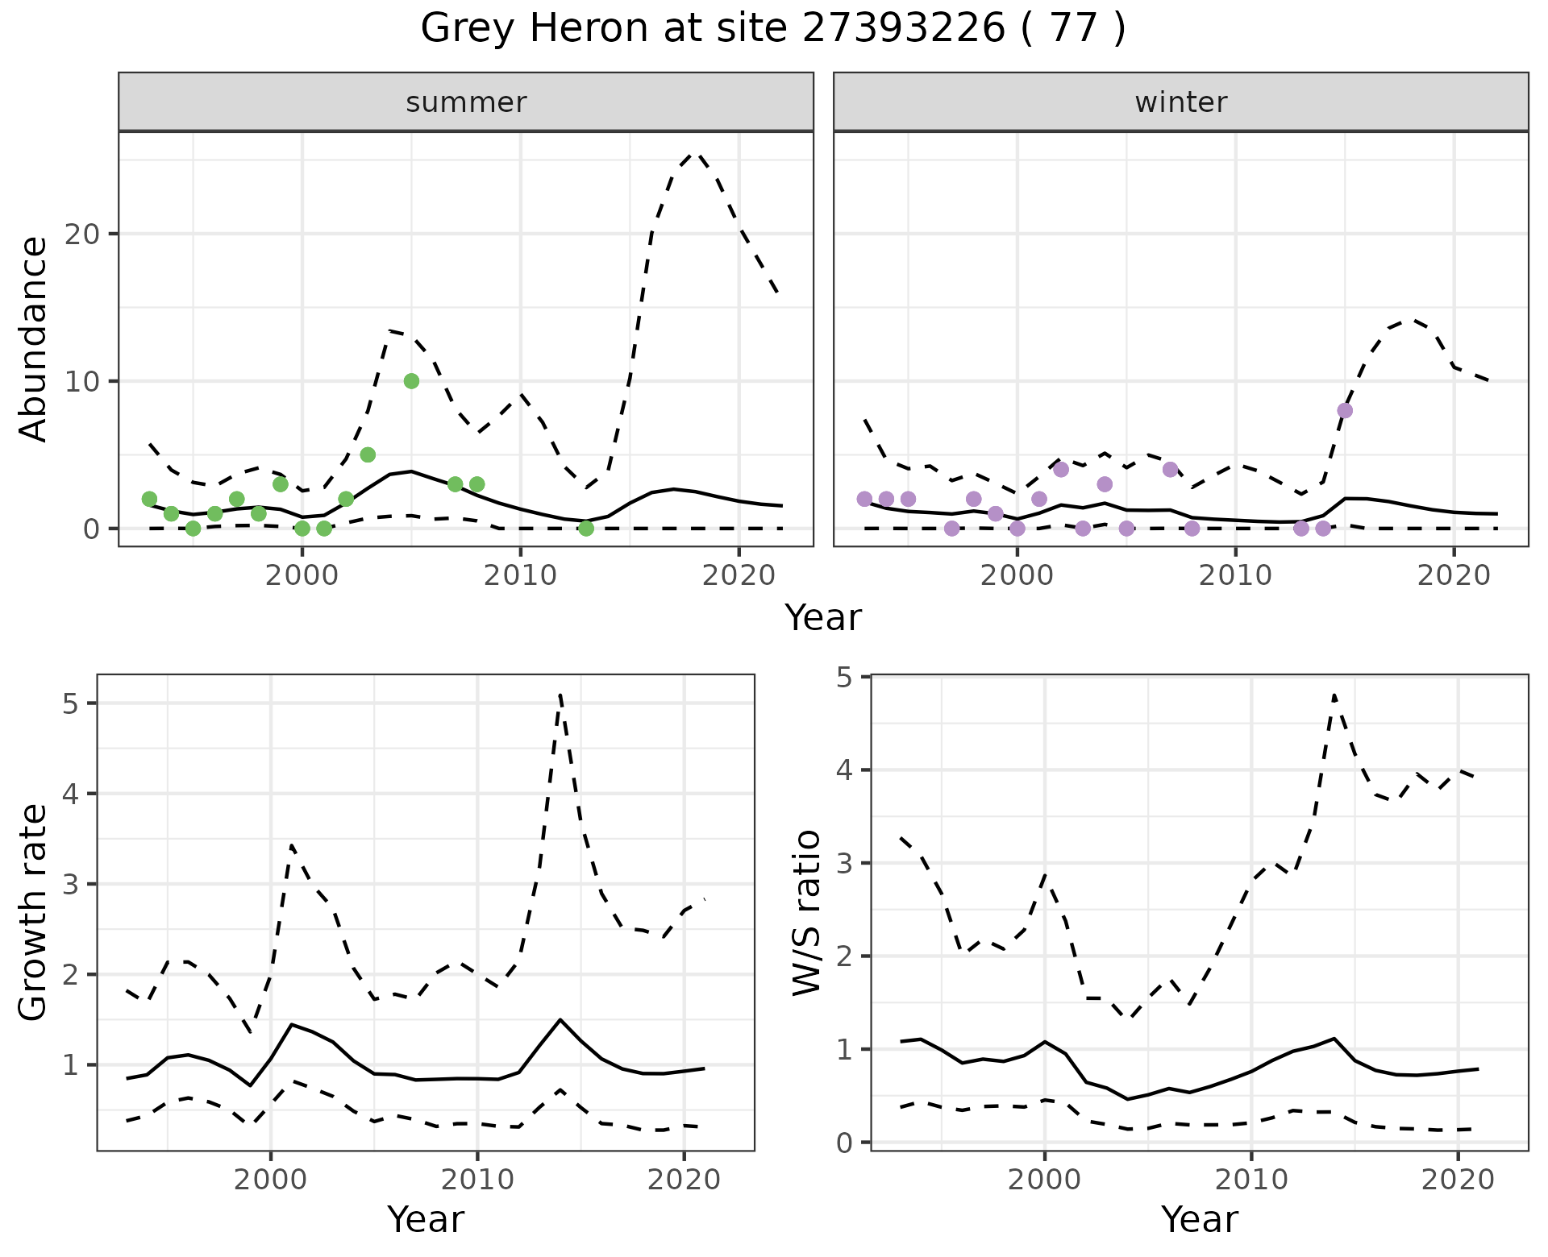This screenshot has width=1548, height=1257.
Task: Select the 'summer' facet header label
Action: point(466,102)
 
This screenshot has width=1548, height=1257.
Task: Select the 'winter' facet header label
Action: point(1180,102)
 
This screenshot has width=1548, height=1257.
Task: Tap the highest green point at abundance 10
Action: point(411,381)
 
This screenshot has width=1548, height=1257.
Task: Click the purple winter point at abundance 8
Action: point(1345,410)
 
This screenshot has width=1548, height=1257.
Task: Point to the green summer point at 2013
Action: point(586,529)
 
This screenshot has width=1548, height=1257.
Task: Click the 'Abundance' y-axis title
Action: point(34,338)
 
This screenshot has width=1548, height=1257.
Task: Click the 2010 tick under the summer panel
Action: point(521,575)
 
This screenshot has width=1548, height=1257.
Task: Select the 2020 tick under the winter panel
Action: point(1454,575)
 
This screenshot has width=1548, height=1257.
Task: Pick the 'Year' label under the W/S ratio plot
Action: point(1199,1219)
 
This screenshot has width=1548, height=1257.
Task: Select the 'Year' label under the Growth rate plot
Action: point(426,1219)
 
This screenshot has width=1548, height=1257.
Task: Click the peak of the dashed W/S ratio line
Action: point(1334,695)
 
